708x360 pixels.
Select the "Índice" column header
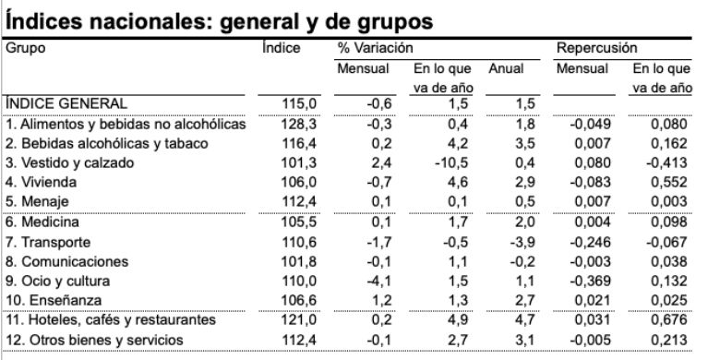[282, 47]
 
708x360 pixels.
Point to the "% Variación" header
[375, 47]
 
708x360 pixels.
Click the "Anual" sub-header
[505, 67]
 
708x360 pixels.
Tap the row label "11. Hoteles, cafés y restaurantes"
[110, 320]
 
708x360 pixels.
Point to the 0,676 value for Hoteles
[668, 320]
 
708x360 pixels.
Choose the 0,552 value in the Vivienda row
[668, 182]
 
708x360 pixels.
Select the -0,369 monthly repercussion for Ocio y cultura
[592, 281]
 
